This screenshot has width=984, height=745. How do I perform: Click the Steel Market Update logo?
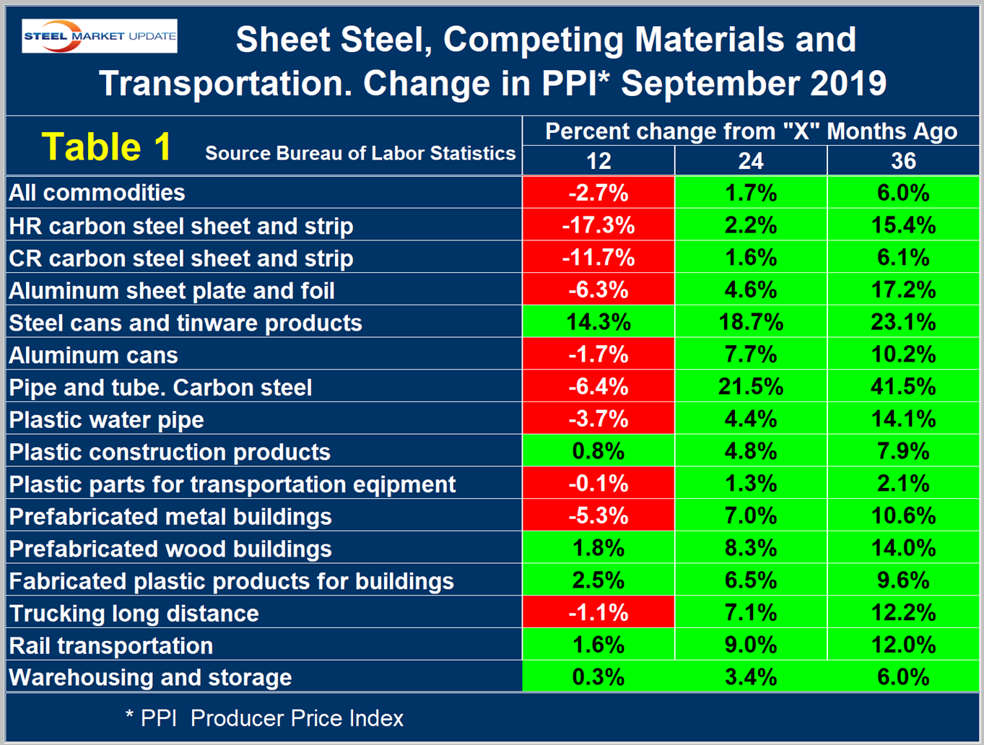(100, 36)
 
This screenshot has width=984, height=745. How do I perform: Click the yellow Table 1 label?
(106, 147)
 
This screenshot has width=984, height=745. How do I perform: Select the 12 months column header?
(598, 160)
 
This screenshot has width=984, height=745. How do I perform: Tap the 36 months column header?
(903, 160)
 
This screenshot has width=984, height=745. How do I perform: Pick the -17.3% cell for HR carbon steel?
(598, 225)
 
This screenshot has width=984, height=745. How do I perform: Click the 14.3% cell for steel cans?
(598, 322)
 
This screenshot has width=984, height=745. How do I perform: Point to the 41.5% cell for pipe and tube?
(903, 387)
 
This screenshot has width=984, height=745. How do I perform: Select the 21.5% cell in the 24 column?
(751, 387)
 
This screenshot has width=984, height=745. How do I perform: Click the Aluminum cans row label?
(93, 355)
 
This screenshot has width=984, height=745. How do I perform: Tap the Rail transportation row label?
(110, 645)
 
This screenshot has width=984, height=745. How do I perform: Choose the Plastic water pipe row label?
(106, 419)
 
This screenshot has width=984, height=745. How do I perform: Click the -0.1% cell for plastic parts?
(598, 484)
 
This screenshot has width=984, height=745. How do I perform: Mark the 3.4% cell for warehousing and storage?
(751, 677)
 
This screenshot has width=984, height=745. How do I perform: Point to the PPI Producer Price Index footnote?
(265, 718)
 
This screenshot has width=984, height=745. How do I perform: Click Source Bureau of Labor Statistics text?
(360, 153)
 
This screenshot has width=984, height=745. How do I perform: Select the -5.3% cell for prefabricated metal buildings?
(598, 516)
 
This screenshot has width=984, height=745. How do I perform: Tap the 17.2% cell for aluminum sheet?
(903, 290)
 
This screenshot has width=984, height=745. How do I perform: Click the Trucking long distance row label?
(134, 614)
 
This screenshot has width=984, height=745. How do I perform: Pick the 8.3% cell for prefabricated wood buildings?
(751, 549)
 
